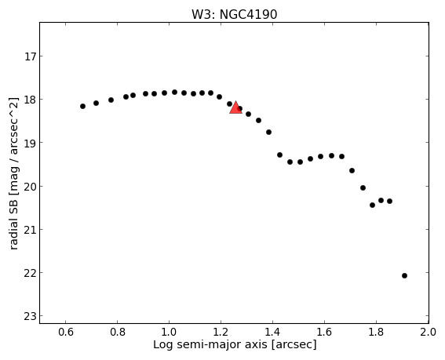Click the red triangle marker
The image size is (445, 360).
point(235,107)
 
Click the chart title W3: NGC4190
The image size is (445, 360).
point(234,15)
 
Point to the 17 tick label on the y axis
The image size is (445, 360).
point(30,56)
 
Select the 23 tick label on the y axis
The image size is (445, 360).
point(30,316)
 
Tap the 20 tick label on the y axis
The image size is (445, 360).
point(30,187)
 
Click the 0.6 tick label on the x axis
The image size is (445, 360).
point(66,332)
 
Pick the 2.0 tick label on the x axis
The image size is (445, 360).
point(429,332)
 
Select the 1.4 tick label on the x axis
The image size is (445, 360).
point(273,332)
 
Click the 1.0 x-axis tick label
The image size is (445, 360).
point(170,332)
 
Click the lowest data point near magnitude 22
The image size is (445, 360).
point(404,276)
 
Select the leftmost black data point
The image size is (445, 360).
point(82,107)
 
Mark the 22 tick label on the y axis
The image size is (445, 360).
point(30,273)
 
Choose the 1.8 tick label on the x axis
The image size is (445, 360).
point(376,332)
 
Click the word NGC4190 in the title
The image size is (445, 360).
point(248,15)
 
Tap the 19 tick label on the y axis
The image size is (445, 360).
point(30,143)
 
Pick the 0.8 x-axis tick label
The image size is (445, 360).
point(118,332)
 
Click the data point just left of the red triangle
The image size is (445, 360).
point(229,104)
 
